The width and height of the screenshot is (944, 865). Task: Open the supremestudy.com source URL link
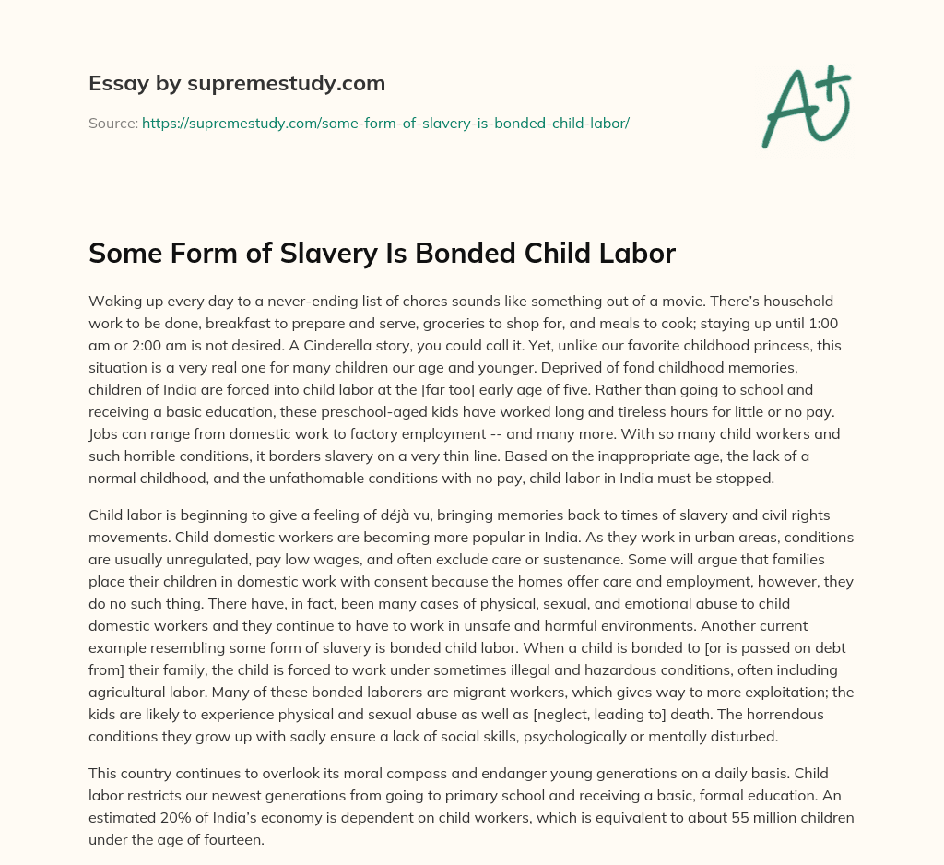pyautogui.click(x=385, y=123)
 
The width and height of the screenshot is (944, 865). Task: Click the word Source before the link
pyautogui.click(x=112, y=123)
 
